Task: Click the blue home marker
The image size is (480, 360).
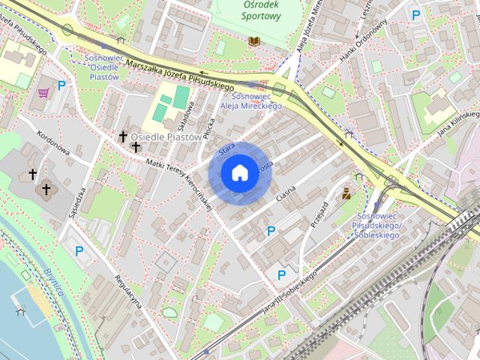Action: click(x=239, y=173)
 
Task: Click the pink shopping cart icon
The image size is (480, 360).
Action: click(x=43, y=92)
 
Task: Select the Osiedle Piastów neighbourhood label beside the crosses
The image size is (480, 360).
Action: click(x=166, y=137)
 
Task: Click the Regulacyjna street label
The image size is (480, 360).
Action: click(x=128, y=291)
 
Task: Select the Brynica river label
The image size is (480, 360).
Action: click(x=54, y=286)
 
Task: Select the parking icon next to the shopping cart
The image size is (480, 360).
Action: click(x=61, y=85)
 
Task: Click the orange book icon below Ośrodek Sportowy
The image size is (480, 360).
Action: click(x=254, y=40)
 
